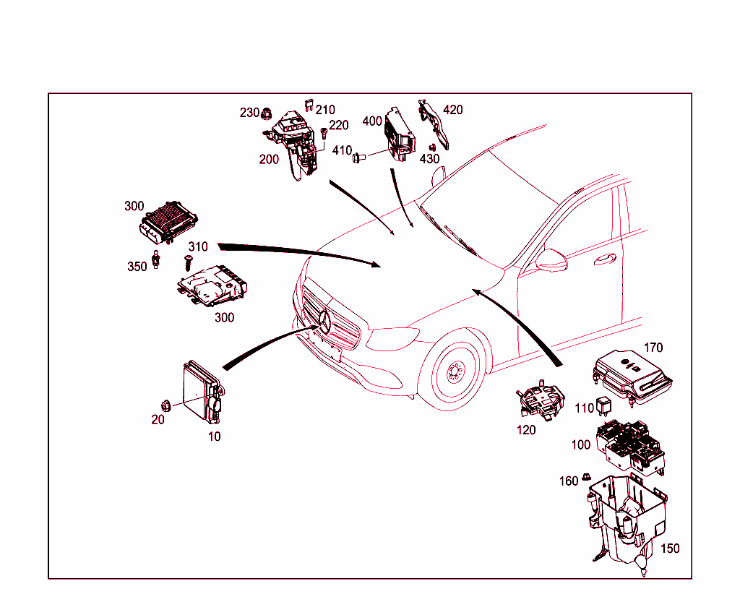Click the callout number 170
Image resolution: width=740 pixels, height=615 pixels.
coord(653,348)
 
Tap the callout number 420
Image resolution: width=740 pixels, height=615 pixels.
coord(453,110)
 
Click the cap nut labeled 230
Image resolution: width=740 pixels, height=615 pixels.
coord(267,113)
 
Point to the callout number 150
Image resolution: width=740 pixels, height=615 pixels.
coord(670,549)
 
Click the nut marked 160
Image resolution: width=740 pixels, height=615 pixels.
coord(587,478)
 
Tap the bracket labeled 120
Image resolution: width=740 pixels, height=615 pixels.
coord(541,401)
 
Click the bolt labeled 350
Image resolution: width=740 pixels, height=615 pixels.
coord(156,258)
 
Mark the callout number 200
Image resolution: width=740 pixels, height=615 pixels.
coord(269,160)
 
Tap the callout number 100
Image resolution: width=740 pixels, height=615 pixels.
coord(580,444)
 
